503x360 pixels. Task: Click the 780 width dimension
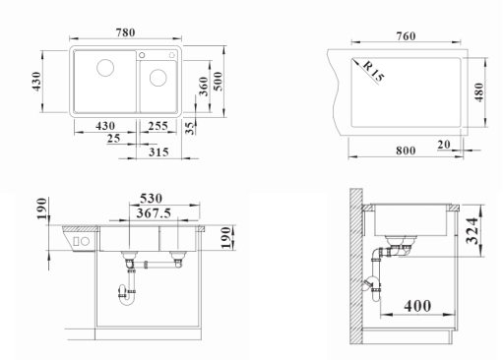(x=125, y=32)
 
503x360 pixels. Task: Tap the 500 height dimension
(x=218, y=82)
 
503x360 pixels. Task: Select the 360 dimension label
(x=204, y=87)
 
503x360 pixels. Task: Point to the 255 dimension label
(x=157, y=126)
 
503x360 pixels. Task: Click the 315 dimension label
(x=158, y=152)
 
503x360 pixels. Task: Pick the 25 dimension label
(x=113, y=139)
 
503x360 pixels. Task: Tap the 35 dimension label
(x=190, y=128)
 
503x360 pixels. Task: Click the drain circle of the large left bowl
(x=105, y=68)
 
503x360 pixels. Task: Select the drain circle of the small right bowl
(x=158, y=78)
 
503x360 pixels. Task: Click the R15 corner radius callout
(x=373, y=71)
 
